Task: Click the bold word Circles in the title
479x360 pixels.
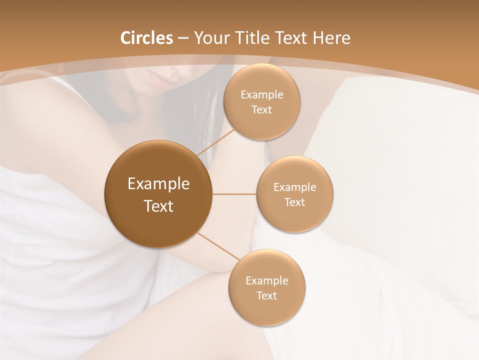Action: (x=146, y=38)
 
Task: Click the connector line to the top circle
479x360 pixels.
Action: (x=216, y=141)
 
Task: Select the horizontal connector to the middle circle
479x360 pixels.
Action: (x=234, y=193)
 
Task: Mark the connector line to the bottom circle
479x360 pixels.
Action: (x=218, y=246)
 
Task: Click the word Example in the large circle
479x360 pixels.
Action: (x=159, y=184)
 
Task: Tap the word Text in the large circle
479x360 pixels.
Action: (x=159, y=206)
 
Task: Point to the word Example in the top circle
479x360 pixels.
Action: (x=262, y=95)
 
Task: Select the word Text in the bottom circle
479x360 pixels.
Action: (x=266, y=295)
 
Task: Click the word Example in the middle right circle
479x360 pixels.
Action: (x=295, y=187)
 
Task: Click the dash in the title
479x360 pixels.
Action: (x=183, y=38)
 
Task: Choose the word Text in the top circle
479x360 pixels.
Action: (x=261, y=109)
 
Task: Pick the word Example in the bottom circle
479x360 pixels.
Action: (x=267, y=280)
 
